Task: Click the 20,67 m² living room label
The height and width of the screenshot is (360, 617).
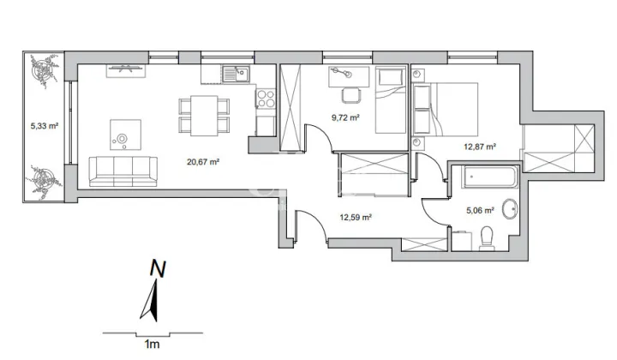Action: tap(203, 161)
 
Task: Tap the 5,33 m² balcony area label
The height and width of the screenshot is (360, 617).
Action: tap(45, 126)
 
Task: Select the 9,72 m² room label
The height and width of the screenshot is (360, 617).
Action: tap(345, 117)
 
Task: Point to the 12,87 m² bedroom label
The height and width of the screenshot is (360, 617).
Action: tap(480, 147)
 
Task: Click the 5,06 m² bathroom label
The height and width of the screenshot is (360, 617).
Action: tap(480, 211)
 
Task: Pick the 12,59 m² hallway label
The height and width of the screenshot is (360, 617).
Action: tap(356, 217)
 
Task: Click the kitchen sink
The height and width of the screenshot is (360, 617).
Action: tap(236, 74)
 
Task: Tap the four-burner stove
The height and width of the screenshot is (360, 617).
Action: tap(266, 99)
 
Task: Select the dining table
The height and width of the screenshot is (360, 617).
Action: tap(204, 116)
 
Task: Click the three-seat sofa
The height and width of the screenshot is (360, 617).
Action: tap(123, 171)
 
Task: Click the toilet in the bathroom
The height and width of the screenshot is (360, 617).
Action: tap(487, 238)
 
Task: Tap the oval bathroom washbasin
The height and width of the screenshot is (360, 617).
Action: tap(511, 208)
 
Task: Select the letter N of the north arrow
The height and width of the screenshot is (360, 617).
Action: tap(158, 269)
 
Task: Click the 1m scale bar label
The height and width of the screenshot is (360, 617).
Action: tap(152, 345)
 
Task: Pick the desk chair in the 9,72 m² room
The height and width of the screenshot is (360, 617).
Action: tap(351, 96)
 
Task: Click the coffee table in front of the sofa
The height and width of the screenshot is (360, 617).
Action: tap(125, 135)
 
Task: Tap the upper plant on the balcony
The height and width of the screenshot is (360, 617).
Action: tap(44, 71)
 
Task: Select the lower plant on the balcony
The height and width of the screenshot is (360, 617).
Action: tap(44, 180)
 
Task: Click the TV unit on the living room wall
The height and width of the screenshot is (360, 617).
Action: tap(126, 71)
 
